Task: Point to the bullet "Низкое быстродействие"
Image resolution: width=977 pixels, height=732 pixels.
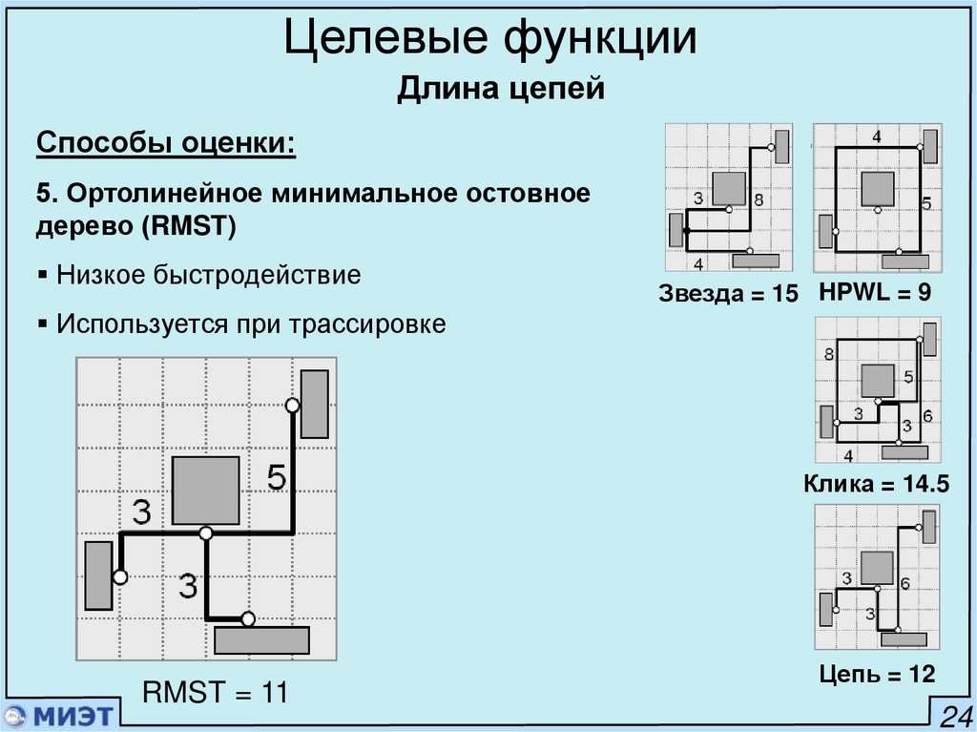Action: coord(208,276)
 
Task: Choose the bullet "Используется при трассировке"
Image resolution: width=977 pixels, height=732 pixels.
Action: coord(250,324)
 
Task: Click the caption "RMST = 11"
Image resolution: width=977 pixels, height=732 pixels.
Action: coord(215,692)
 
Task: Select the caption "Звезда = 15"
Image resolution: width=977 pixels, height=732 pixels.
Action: coord(727,294)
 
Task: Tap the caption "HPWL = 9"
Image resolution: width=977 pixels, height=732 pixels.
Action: coord(875,292)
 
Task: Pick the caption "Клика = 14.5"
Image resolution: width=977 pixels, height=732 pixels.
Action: coord(876,484)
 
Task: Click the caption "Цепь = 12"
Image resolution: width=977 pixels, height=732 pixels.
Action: coord(877,675)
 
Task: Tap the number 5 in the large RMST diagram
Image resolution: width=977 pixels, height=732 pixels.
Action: coord(276,476)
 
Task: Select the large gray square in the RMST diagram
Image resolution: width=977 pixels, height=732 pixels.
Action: coord(205,490)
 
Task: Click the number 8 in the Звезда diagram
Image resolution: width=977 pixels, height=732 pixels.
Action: coord(758,200)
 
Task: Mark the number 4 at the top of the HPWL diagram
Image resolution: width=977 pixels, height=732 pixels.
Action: coord(876,136)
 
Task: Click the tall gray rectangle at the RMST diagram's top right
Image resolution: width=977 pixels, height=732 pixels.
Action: coord(315,403)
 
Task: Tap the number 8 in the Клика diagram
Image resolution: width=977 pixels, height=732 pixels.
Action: coord(829,355)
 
